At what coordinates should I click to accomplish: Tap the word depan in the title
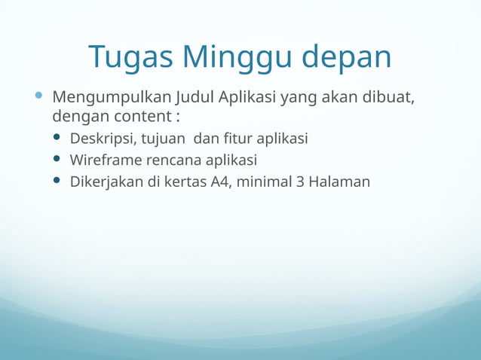point(348,57)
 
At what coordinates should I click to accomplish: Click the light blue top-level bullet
point(38,97)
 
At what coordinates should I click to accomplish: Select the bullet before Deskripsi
point(57,139)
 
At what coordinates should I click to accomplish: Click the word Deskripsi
point(103,139)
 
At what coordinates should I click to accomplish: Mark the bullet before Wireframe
point(57,160)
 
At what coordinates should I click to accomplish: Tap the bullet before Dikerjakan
point(57,181)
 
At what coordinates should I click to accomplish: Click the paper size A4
point(221,182)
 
